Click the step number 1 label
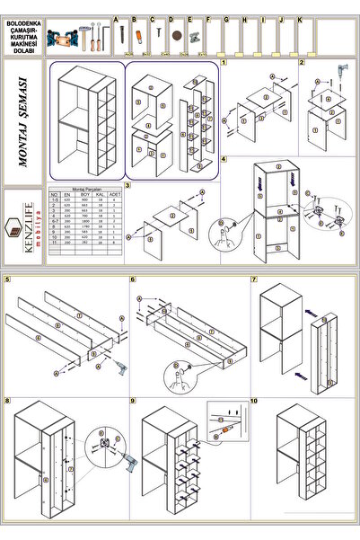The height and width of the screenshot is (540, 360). [x=223, y=63]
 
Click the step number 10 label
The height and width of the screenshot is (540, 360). [x=255, y=399]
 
